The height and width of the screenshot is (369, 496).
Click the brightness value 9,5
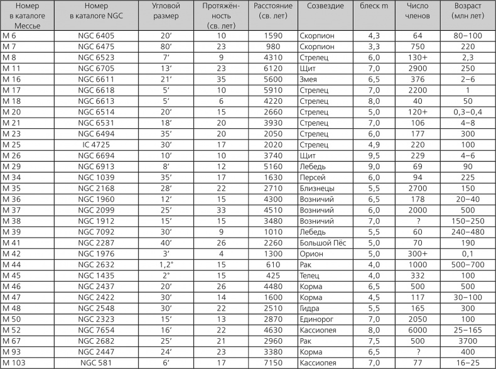coord(374,155)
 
